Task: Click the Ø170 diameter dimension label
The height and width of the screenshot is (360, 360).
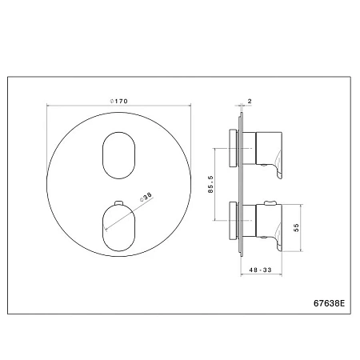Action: point(118,101)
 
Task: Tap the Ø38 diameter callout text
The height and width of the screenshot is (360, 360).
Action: point(146,197)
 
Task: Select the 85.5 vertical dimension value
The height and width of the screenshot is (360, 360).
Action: point(210,184)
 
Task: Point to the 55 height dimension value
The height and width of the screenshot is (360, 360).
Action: point(296,228)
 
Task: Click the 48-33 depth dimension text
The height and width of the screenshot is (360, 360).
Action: point(260,270)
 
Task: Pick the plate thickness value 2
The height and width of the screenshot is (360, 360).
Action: point(250,101)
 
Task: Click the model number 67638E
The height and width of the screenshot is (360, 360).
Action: point(329,303)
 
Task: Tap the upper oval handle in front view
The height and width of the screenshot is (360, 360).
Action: point(118,155)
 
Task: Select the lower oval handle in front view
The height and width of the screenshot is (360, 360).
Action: point(118,228)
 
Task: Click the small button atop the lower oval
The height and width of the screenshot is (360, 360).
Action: point(118,203)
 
